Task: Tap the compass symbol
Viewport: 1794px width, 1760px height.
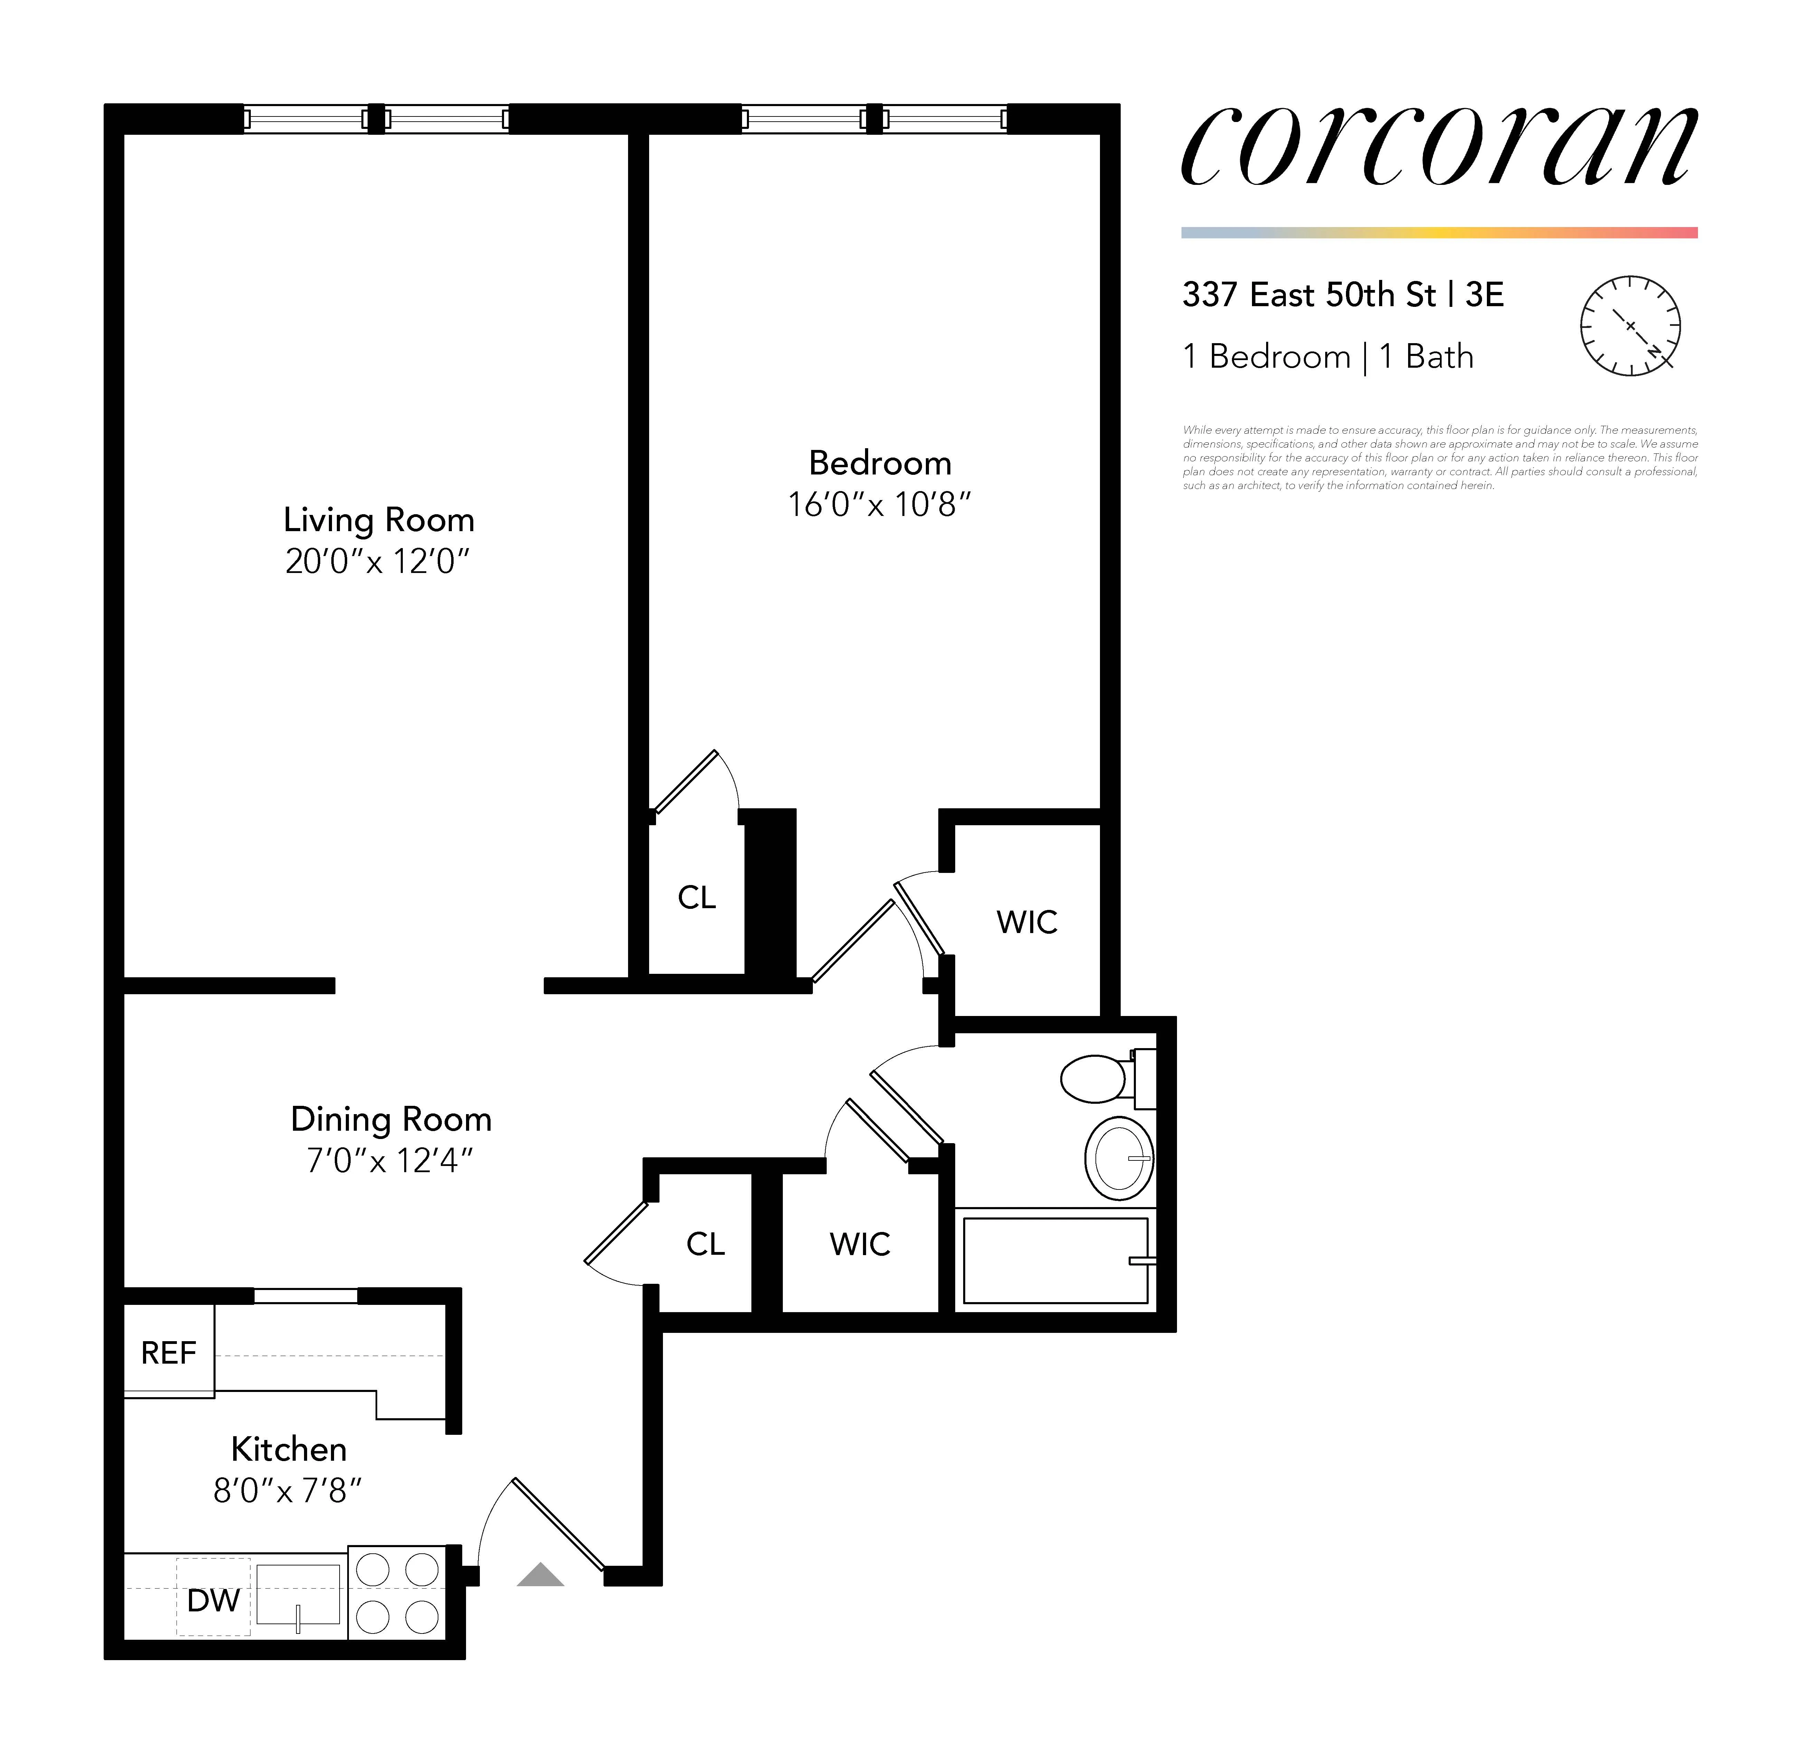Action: (x=1630, y=326)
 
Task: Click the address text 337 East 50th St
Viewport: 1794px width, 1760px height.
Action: (x=1309, y=295)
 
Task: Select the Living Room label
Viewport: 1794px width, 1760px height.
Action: (x=379, y=519)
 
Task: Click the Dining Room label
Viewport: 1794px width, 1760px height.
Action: (x=391, y=1119)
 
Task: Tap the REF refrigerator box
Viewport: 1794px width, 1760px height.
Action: (x=168, y=1352)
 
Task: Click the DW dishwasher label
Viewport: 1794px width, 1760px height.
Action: (x=213, y=1600)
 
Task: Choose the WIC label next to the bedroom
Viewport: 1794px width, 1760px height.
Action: (x=1027, y=922)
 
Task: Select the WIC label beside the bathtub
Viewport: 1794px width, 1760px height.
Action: (x=860, y=1244)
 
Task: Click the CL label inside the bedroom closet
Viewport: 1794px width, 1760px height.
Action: (x=697, y=897)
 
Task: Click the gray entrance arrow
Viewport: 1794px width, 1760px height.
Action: (x=540, y=1575)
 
